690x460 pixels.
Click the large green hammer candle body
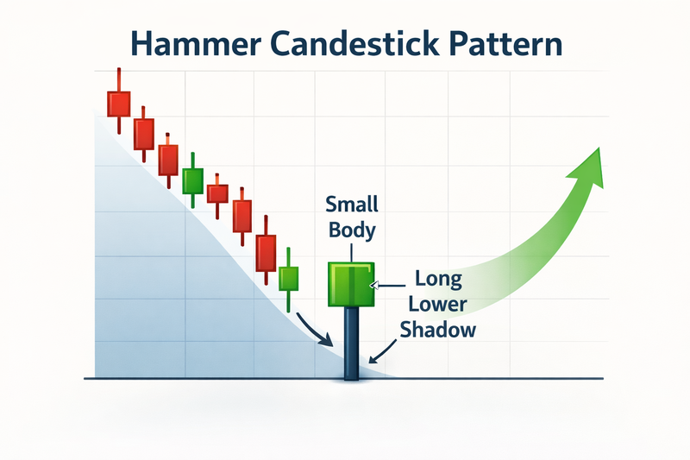coord(350,285)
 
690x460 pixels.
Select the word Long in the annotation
coord(439,280)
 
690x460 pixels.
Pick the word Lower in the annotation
coord(439,305)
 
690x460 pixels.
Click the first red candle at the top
coord(118,103)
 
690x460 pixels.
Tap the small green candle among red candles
coord(192,180)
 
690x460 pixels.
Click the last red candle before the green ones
coord(267,252)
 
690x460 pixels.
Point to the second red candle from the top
coord(143,133)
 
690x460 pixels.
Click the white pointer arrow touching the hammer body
coord(373,283)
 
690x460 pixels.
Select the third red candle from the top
coord(168,160)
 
